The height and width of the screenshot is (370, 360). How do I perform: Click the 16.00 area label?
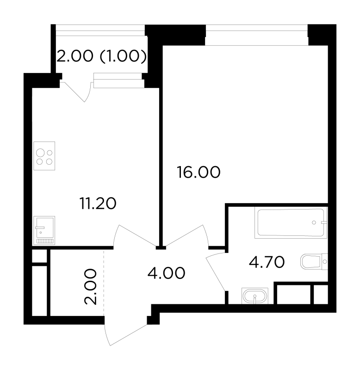tap(199, 172)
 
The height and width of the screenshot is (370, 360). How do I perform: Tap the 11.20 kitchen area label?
tap(98, 203)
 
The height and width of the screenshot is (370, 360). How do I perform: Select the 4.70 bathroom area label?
tap(267, 262)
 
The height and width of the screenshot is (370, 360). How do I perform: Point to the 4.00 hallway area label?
tap(166, 273)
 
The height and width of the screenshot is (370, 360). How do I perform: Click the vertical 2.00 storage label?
tap(90, 287)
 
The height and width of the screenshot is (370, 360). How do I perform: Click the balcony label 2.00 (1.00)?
tap(101, 56)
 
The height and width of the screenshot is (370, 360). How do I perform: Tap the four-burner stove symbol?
tap(44, 156)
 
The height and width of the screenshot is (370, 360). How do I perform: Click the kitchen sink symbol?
tap(44, 230)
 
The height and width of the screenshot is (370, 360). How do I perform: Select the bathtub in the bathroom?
tap(291, 222)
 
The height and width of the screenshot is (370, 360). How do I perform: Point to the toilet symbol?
tap(314, 262)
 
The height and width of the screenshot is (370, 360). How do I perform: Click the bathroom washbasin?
tap(255, 296)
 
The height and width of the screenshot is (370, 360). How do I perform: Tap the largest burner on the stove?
tap(40, 153)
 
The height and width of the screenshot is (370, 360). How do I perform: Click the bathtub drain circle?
tap(314, 222)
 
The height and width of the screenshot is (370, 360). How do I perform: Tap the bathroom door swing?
tap(216, 271)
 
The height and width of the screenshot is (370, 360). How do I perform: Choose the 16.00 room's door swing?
tap(187, 236)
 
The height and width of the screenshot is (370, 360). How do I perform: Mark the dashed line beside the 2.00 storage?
tap(104, 283)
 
